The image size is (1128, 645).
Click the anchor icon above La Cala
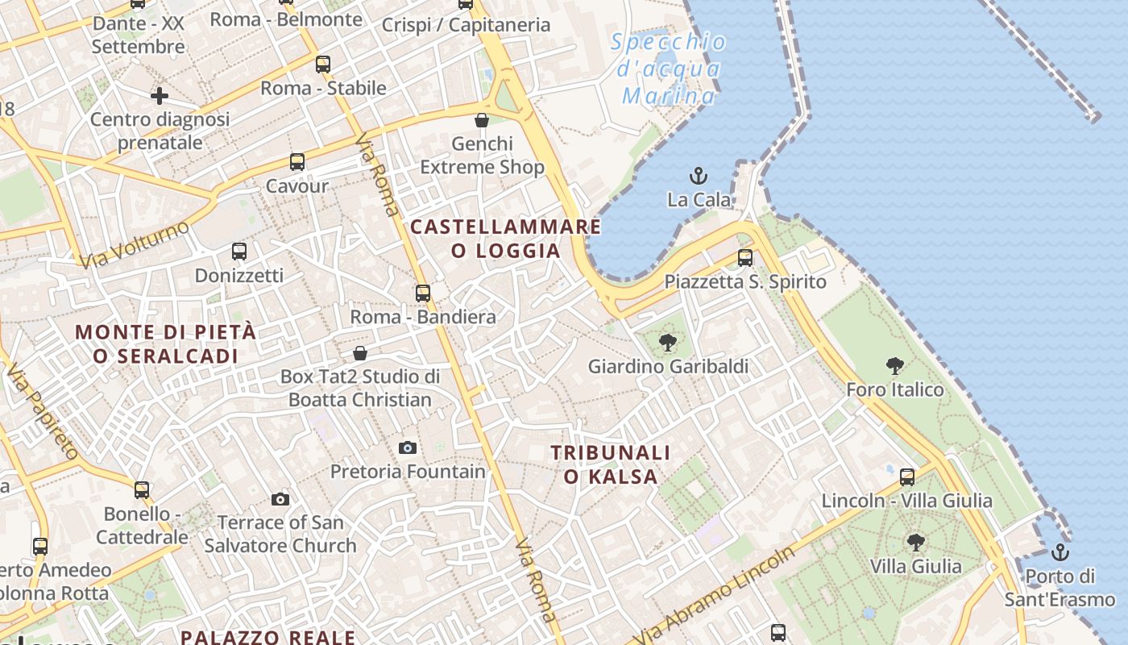[x=699, y=175]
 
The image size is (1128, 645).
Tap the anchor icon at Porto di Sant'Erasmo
[x=1060, y=552]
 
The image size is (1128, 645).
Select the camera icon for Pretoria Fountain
[x=408, y=447]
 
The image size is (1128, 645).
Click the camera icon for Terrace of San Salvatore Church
[x=280, y=499]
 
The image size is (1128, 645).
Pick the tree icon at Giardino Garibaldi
[x=667, y=343]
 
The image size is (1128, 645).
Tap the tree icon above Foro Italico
[x=894, y=366]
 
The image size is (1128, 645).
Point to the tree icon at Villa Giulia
[x=915, y=542]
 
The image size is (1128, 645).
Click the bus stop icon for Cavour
[x=297, y=162]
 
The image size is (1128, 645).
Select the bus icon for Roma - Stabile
[x=323, y=64]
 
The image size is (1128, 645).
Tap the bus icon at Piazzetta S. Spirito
[x=745, y=258]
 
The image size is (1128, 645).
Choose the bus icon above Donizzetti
[x=239, y=252]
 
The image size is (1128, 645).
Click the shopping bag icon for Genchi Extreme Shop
[x=482, y=120]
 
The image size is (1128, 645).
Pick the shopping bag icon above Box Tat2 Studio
[x=360, y=353]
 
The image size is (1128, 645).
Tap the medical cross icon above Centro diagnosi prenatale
[x=160, y=96]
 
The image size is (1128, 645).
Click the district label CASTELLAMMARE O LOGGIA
[x=505, y=239]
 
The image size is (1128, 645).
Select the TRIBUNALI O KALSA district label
[x=611, y=464]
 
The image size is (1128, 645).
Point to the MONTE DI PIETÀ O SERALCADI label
[x=165, y=343]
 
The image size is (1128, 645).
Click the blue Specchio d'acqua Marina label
[x=668, y=69]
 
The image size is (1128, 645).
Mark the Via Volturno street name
[x=135, y=243]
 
